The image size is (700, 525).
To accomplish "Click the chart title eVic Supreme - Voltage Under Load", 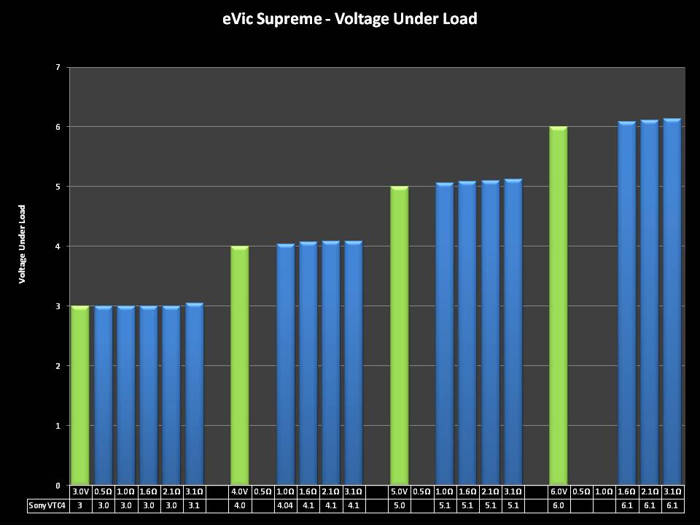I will tap(350, 19).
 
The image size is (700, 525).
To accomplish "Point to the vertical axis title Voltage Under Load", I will tap(23, 244).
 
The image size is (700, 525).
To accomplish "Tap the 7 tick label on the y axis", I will tap(58, 67).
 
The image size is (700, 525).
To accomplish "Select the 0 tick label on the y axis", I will tap(58, 486).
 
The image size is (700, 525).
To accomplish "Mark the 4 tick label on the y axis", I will tap(58, 246).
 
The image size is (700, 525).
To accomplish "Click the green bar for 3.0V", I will tap(79, 395).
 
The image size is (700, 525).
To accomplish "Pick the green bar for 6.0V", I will tap(559, 306).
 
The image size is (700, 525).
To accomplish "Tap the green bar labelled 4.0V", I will tap(240, 365).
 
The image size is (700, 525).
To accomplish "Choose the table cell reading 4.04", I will tap(285, 505).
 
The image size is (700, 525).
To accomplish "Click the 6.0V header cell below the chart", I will tap(559, 491).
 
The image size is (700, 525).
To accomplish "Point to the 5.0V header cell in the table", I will tap(399, 491).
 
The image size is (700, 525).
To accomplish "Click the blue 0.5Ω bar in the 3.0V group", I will tap(103, 395).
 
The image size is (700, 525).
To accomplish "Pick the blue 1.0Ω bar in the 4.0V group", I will tap(285, 365).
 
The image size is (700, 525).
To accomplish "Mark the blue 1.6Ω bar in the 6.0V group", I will tap(627, 303).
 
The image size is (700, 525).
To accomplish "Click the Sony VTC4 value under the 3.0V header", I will tap(79, 505).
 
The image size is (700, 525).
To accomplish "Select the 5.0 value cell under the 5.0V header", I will tap(399, 505).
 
